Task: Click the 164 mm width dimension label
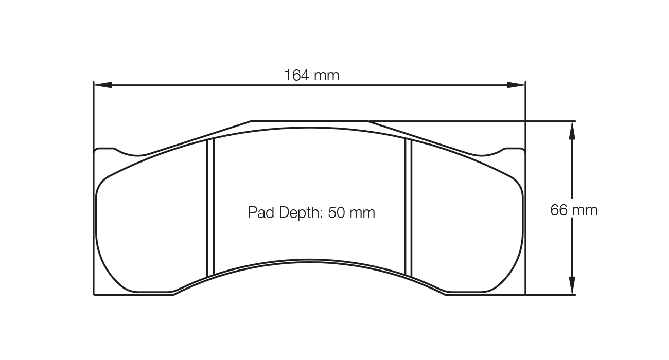[312, 76]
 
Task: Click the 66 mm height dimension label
[574, 210]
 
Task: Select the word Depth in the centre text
[300, 212]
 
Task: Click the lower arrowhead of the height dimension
[571, 285]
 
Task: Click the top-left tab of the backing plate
[105, 150]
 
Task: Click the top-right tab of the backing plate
[513, 150]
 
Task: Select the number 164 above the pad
[297, 76]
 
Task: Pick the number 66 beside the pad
[558, 210]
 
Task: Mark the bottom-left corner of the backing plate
[94, 294]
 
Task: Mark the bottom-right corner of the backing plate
[524, 294]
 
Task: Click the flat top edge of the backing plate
[309, 121]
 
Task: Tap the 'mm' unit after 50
[363, 212]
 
